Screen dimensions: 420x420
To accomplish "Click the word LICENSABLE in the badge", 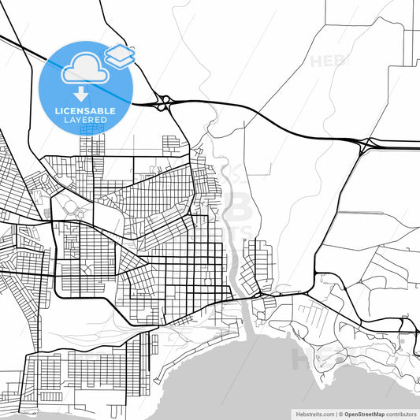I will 86,111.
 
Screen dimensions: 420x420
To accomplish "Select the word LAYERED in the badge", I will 86,121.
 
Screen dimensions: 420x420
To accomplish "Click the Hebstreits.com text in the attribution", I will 314,414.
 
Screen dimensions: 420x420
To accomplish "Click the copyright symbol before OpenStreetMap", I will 339,414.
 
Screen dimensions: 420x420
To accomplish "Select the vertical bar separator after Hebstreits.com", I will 333,414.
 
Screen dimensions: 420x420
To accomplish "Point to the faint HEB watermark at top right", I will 328,61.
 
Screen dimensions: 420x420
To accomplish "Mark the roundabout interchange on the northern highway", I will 163,102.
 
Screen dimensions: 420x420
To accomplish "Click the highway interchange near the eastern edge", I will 366,143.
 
